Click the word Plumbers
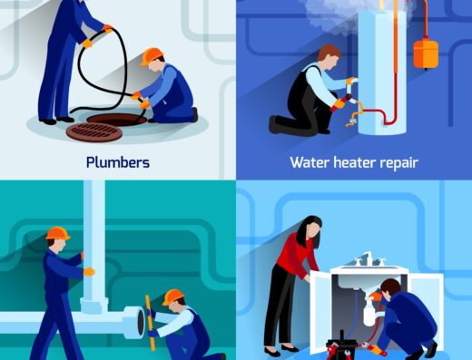[118, 162]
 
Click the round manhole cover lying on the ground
[94, 132]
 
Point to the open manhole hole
[117, 119]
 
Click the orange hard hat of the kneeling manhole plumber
[152, 56]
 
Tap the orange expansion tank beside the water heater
[426, 54]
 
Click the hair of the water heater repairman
[329, 52]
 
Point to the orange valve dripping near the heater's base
[352, 122]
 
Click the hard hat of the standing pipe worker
[58, 233]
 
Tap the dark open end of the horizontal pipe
[141, 322]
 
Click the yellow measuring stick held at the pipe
[151, 323]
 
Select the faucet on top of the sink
[369, 258]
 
